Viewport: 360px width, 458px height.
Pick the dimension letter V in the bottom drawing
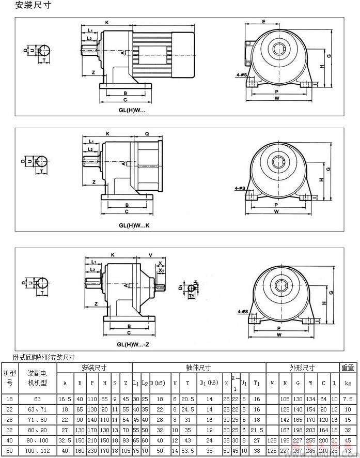coord(150,254)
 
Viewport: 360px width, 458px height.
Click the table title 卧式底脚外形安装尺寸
coord(44,357)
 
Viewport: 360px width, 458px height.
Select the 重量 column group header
coord(348,368)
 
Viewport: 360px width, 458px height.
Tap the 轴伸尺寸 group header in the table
coord(199,368)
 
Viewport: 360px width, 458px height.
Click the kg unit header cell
coord(348,383)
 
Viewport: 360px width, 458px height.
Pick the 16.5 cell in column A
coord(65,399)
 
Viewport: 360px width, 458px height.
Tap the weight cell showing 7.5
coord(348,399)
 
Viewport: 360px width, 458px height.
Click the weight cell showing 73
coord(348,451)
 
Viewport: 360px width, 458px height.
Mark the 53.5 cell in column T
coord(187,451)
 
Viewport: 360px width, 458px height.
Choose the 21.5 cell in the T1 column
coord(257,430)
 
